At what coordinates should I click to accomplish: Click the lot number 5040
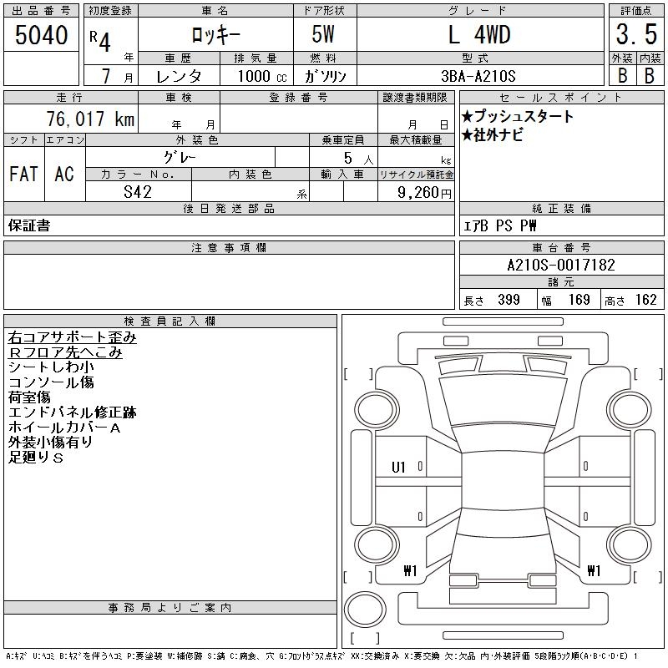coord(41,34)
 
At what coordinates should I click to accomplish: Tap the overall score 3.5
coord(636,34)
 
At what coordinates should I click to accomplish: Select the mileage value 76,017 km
coord(90,119)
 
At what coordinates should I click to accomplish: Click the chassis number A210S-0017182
coord(561,265)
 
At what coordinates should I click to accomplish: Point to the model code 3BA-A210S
coord(478,76)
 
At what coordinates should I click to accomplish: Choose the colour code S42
coord(138,192)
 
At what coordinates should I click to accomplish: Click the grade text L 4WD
coord(479,34)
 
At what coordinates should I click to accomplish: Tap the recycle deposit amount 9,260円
coord(424,193)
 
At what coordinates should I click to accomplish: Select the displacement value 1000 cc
coord(262,76)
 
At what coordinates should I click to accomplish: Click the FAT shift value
coord(24,174)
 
